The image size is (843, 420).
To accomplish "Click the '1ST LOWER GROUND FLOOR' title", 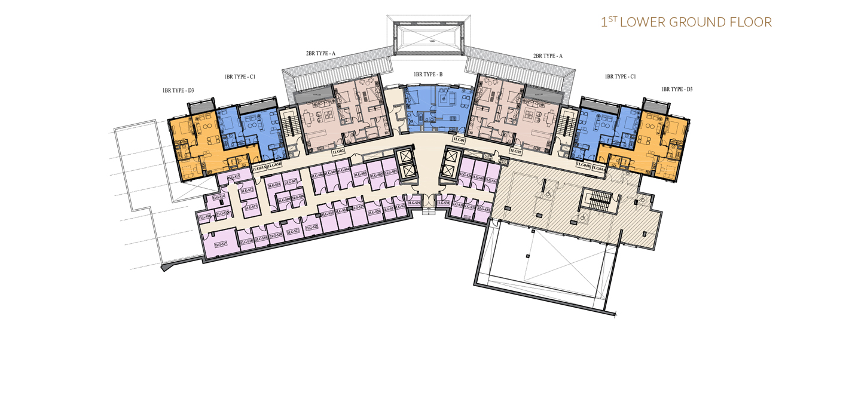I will (x=686, y=23).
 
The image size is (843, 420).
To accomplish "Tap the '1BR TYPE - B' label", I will (x=428, y=75).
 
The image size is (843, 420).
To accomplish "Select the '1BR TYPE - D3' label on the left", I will (x=178, y=91).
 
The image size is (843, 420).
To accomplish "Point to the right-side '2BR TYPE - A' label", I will (x=548, y=56).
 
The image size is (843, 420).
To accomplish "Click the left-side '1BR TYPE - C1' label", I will (x=240, y=77).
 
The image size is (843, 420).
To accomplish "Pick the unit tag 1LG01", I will (x=459, y=140).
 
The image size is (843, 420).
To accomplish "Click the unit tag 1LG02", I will (x=338, y=152).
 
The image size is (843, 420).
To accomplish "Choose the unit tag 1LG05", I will (x=515, y=152).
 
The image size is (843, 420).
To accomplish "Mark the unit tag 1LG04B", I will (x=584, y=165).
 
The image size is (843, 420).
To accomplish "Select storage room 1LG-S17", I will (x=220, y=244).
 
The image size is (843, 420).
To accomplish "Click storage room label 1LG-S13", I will (x=233, y=177).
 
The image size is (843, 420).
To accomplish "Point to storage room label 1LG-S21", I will (x=293, y=231).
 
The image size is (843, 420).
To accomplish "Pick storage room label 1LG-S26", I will (x=374, y=211).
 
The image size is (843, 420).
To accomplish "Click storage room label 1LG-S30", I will (x=442, y=204).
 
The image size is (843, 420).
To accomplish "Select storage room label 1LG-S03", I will (x=360, y=174).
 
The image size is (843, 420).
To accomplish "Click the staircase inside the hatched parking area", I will (x=596, y=200).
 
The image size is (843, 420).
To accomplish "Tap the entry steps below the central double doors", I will (x=429, y=210).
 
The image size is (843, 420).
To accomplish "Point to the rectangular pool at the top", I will (x=428, y=37).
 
